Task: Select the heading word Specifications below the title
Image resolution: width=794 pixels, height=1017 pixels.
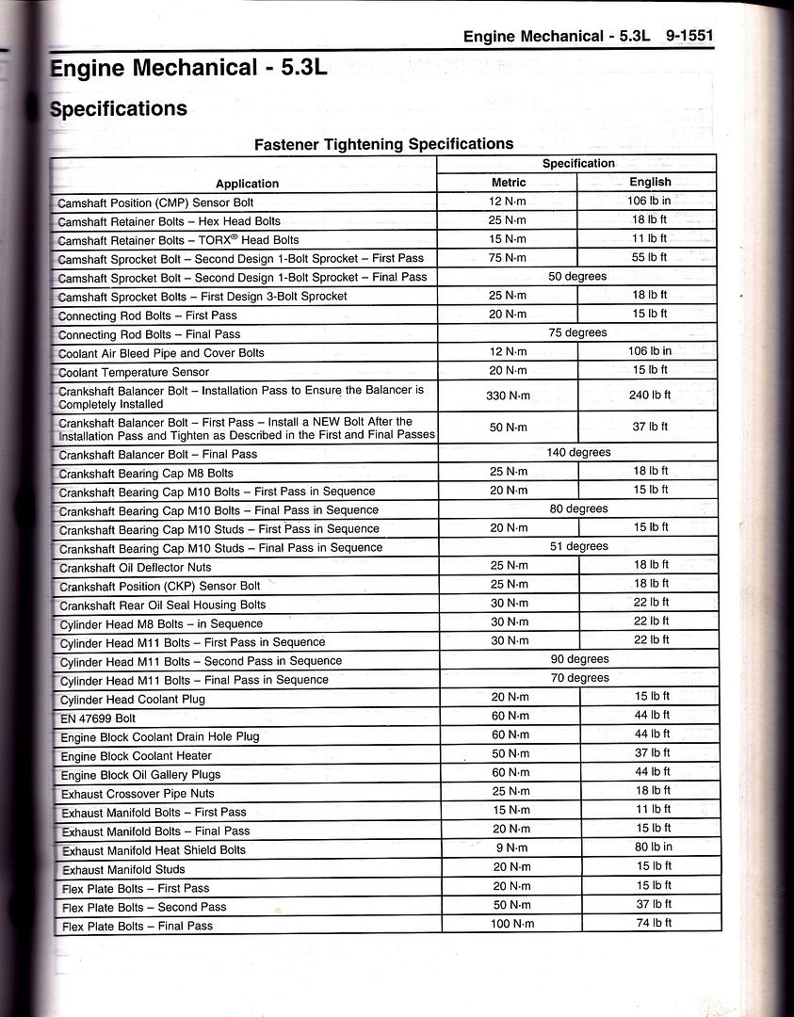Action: click(x=118, y=108)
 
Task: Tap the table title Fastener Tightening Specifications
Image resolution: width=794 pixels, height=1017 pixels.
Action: click(x=384, y=144)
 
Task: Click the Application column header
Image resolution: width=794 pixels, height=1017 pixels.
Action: click(x=247, y=184)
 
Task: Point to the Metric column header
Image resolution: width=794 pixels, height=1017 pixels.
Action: click(x=509, y=182)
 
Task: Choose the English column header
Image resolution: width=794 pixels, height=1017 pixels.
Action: click(x=650, y=182)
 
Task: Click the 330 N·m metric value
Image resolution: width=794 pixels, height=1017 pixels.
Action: click(x=509, y=395)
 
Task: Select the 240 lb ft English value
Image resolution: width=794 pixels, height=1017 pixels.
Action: click(x=650, y=395)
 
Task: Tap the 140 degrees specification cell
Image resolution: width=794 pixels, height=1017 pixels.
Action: click(x=577, y=453)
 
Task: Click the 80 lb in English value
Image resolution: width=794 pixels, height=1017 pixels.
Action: click(x=651, y=847)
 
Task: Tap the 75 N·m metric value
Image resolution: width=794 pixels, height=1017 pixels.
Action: click(x=509, y=257)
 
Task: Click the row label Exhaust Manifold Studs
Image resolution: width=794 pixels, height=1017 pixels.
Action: click(x=123, y=869)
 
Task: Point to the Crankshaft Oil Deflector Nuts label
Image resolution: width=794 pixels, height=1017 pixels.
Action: click(x=135, y=567)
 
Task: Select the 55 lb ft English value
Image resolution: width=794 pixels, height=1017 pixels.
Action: click(x=650, y=257)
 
